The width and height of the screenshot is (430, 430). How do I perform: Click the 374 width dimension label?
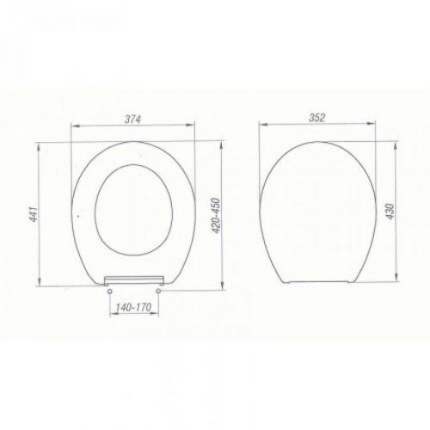(132, 119)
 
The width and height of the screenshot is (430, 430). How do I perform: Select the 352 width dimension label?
(316, 118)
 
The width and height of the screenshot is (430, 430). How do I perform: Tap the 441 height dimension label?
(34, 214)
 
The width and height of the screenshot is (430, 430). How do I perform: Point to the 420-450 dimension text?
(216, 216)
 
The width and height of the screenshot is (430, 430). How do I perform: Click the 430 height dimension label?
(390, 212)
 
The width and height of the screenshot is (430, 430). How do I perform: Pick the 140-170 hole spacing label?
(133, 307)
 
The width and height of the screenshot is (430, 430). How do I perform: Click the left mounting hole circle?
(109, 292)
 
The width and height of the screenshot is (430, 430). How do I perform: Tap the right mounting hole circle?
(158, 291)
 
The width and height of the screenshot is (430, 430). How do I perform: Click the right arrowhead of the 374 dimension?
(190, 125)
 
